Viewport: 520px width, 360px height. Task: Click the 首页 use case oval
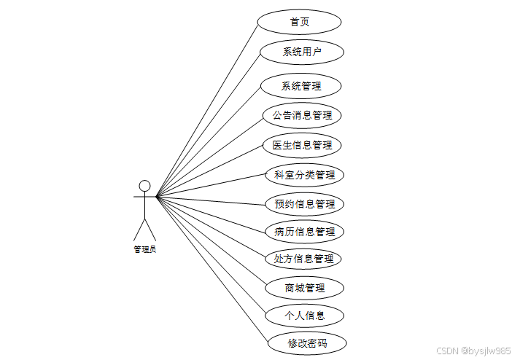pos(299,22)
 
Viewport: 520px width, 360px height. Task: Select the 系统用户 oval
pos(301,52)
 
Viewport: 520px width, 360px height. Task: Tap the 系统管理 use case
pos(300,86)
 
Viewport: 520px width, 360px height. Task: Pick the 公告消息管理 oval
pos(302,115)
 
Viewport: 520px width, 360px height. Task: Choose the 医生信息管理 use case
pos(302,145)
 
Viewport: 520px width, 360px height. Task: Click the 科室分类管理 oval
pos(304,175)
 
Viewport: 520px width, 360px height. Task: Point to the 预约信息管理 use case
pos(304,204)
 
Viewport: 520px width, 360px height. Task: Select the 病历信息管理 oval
pos(304,232)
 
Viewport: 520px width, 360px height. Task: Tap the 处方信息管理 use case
pos(303,259)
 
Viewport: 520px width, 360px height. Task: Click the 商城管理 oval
pos(304,288)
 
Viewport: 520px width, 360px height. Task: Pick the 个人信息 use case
pos(304,316)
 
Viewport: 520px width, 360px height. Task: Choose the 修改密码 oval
pos(306,343)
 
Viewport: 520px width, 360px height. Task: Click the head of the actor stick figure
pos(144,185)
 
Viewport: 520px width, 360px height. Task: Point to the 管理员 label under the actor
pos(144,249)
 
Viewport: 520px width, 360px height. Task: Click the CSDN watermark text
pos(473,351)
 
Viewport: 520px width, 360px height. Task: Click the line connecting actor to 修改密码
pos(212,269)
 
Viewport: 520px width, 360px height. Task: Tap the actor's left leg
pos(139,229)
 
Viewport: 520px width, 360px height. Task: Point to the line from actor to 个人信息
pos(212,255)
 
